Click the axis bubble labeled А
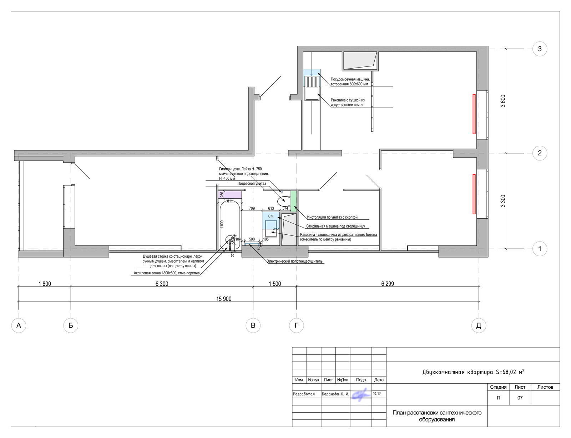click(19, 325)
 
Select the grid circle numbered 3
click(540, 49)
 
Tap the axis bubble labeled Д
click(479, 325)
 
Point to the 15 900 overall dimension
click(224, 299)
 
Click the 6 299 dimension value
click(387, 284)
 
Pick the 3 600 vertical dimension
click(503, 101)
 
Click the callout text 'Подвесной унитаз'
click(252, 183)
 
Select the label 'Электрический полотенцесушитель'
click(294, 261)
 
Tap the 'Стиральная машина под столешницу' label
click(335, 226)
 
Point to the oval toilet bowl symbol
click(284, 201)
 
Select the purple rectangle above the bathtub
click(230, 195)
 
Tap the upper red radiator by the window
click(474, 114)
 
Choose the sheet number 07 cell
click(520, 398)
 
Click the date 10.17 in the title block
click(377, 394)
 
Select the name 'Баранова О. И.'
click(335, 394)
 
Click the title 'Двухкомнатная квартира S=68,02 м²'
click(473, 372)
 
